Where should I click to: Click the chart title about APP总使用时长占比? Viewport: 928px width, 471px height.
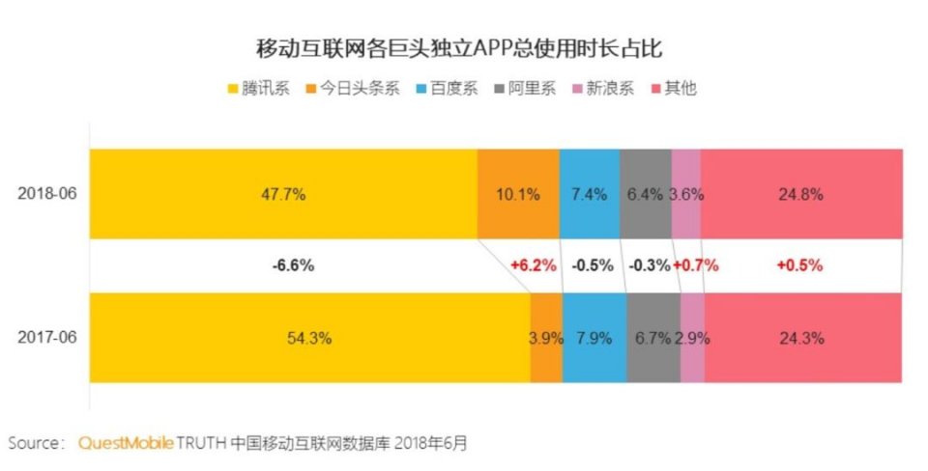pyautogui.click(x=464, y=48)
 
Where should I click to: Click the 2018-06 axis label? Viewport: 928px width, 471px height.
pyautogui.click(x=46, y=194)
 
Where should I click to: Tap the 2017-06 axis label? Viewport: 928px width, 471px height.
pyautogui.click(x=46, y=339)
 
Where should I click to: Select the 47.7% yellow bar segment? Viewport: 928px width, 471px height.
pyautogui.click(x=282, y=194)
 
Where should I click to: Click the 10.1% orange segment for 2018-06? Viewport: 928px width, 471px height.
pyautogui.click(x=517, y=194)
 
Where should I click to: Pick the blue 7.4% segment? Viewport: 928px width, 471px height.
pyautogui.click(x=589, y=194)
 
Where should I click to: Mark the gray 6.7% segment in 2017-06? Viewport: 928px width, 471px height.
pyautogui.click(x=652, y=339)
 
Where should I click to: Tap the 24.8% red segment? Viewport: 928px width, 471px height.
pyautogui.click(x=800, y=194)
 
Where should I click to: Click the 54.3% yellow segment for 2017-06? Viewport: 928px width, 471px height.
pyautogui.click(x=309, y=339)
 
